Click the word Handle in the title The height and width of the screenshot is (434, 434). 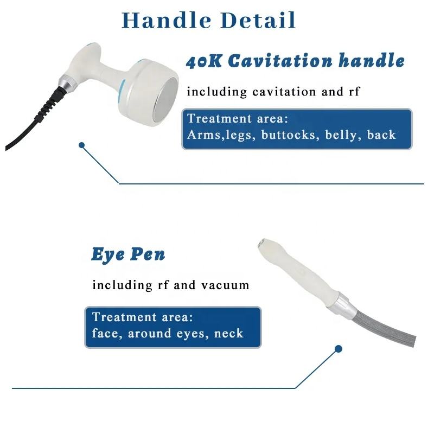(x=167, y=20)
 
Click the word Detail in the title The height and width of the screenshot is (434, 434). (x=258, y=20)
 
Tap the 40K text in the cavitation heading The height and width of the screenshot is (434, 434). (x=204, y=61)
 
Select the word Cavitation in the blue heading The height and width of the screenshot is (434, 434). (x=280, y=61)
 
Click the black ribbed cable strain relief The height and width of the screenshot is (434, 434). (x=50, y=104)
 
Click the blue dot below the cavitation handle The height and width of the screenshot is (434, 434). (x=81, y=145)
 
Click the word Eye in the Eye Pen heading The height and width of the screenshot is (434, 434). (x=108, y=254)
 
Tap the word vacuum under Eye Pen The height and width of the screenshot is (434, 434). (x=225, y=285)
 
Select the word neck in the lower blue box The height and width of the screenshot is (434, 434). (x=228, y=333)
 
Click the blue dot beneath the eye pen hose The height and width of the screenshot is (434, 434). (x=338, y=349)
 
